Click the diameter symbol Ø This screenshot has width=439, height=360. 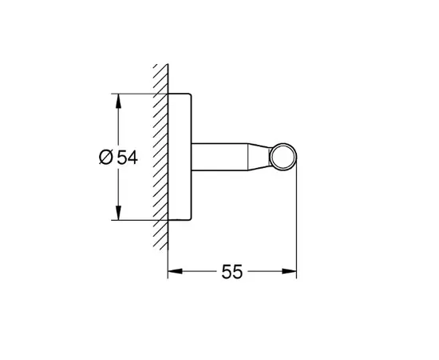point(105,158)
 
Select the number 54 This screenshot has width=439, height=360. point(127,158)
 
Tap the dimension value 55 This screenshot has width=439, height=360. point(231,272)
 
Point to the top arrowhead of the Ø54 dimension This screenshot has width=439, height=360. point(118,100)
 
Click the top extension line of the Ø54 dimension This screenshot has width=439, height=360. point(140,94)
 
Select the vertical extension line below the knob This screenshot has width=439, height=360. point(296,232)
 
